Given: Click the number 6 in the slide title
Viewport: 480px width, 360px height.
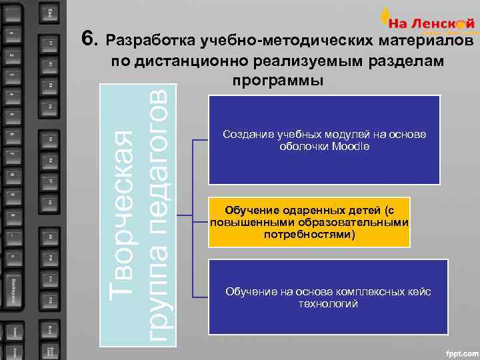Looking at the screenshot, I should (87, 39).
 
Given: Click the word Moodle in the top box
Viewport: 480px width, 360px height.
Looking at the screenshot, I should (350, 147).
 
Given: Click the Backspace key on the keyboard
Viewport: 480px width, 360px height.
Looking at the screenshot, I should (14, 291).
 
